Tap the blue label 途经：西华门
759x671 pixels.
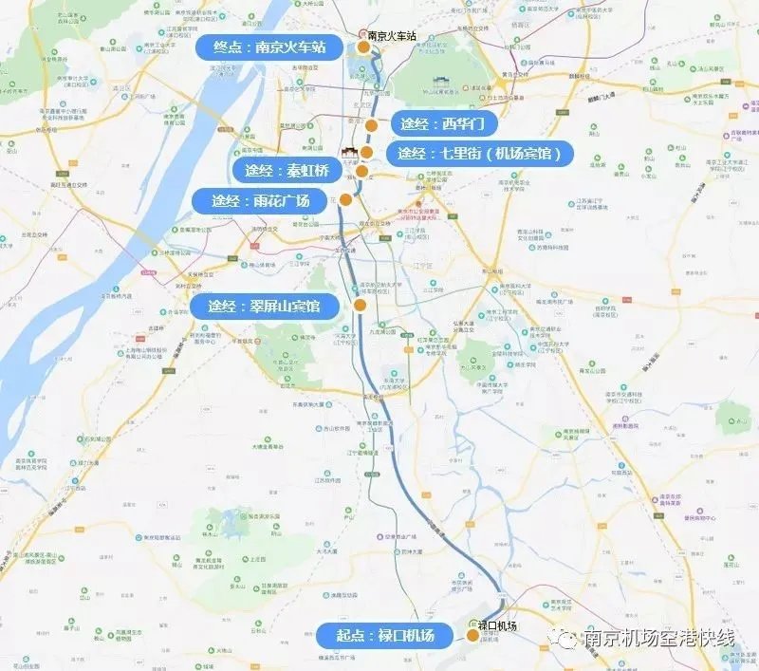442,124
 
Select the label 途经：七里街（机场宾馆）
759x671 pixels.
483,154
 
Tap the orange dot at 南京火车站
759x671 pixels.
362,47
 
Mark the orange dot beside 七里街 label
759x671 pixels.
367,153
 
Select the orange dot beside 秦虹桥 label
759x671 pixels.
362,171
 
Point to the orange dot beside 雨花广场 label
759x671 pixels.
346,200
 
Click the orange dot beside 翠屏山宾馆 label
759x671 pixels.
361,305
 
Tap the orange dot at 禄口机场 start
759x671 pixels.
473,636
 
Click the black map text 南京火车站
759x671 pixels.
391,35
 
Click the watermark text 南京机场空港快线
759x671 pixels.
660,638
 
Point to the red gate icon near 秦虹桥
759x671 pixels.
348,155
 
